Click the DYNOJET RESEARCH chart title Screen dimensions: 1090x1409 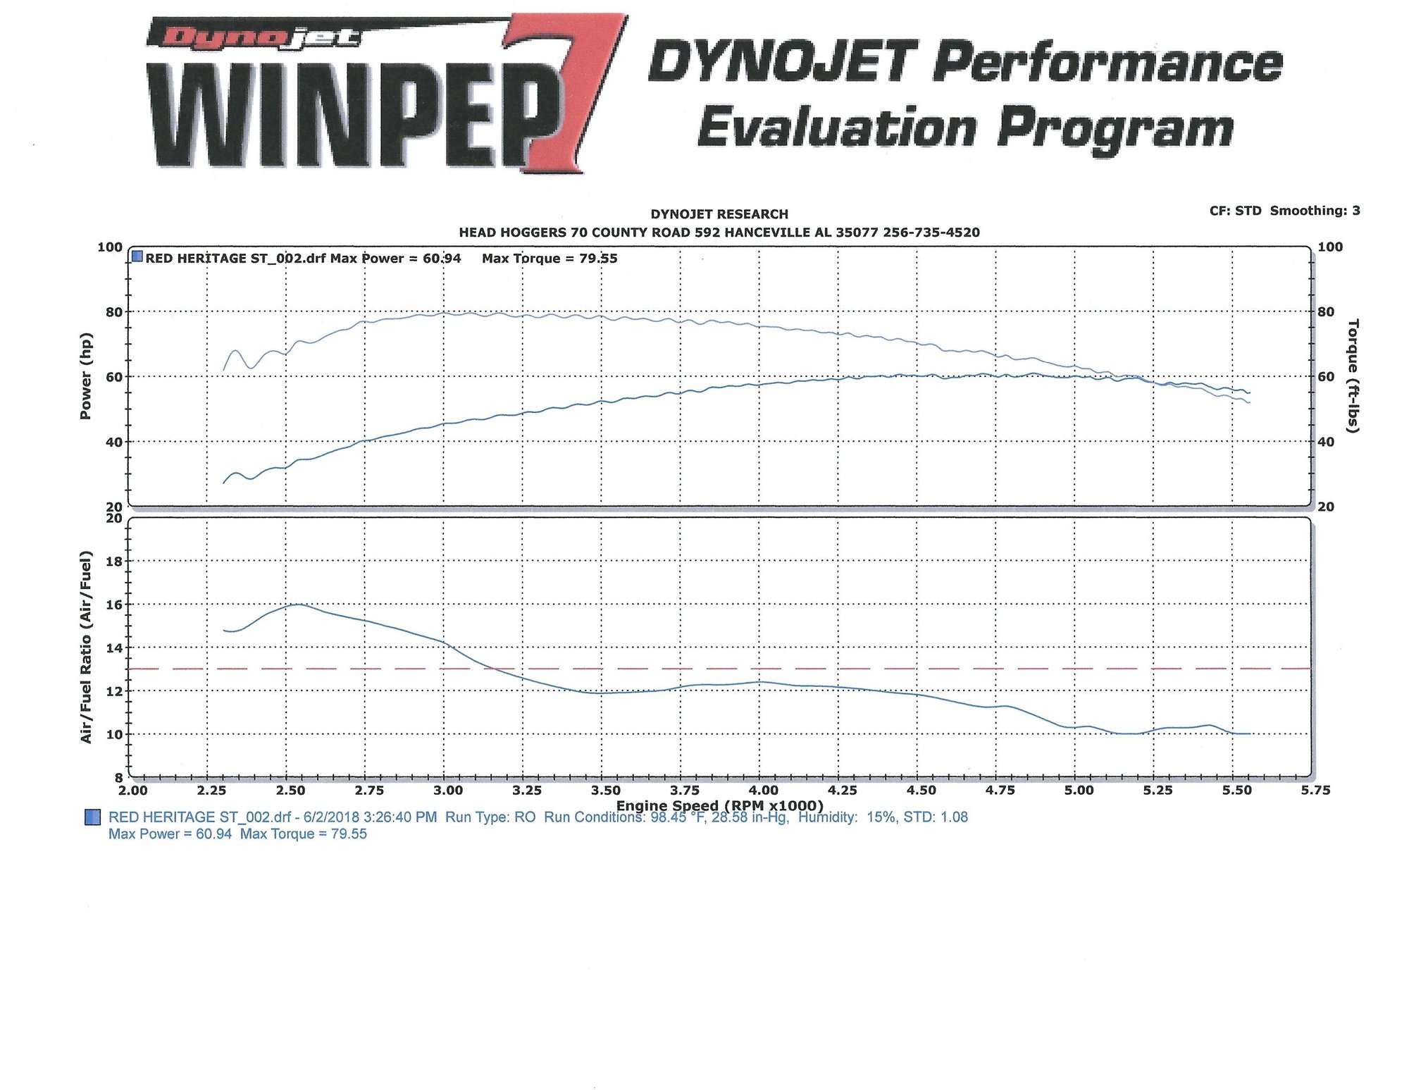[719, 214]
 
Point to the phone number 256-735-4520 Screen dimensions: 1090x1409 [931, 233]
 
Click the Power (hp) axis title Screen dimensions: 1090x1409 [86, 376]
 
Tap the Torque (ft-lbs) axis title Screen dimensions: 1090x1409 [1353, 376]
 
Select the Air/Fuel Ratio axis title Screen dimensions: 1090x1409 [86, 647]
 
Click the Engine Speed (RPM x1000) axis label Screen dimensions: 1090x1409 [719, 805]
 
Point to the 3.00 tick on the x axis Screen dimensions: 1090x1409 [448, 791]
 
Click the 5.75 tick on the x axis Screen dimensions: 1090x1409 [1315, 791]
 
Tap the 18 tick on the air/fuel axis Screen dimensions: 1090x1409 [114, 562]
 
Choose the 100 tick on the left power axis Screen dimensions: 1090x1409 [110, 247]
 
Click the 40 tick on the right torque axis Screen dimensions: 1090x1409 [1326, 442]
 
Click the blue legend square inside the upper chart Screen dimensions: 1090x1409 [137, 257]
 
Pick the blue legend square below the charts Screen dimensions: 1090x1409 [92, 817]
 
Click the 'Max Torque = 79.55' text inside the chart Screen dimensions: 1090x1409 [550, 259]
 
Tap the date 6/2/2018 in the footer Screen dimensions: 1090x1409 [331, 817]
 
